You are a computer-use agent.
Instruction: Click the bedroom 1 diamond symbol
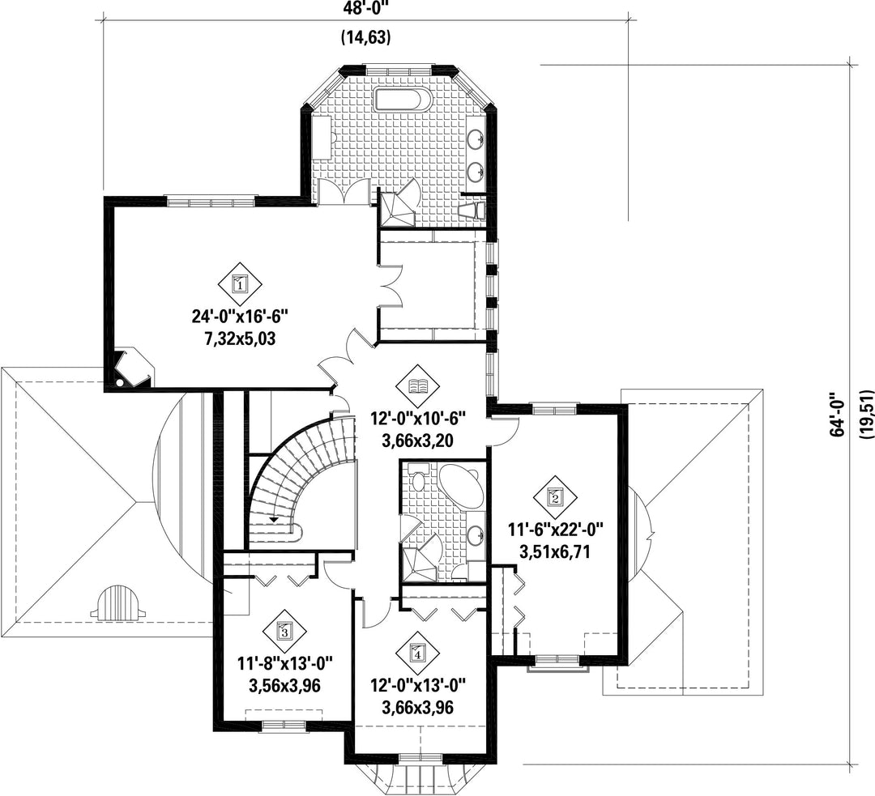click(x=239, y=284)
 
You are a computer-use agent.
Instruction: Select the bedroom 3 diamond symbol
click(x=284, y=632)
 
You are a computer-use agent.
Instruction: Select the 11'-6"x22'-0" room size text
click(x=555, y=528)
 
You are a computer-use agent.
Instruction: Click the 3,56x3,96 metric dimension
click(x=284, y=685)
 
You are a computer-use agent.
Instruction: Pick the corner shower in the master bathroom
click(x=397, y=207)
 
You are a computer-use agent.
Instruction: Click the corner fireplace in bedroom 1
click(x=132, y=368)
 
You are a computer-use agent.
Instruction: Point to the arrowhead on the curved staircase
click(x=274, y=519)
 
